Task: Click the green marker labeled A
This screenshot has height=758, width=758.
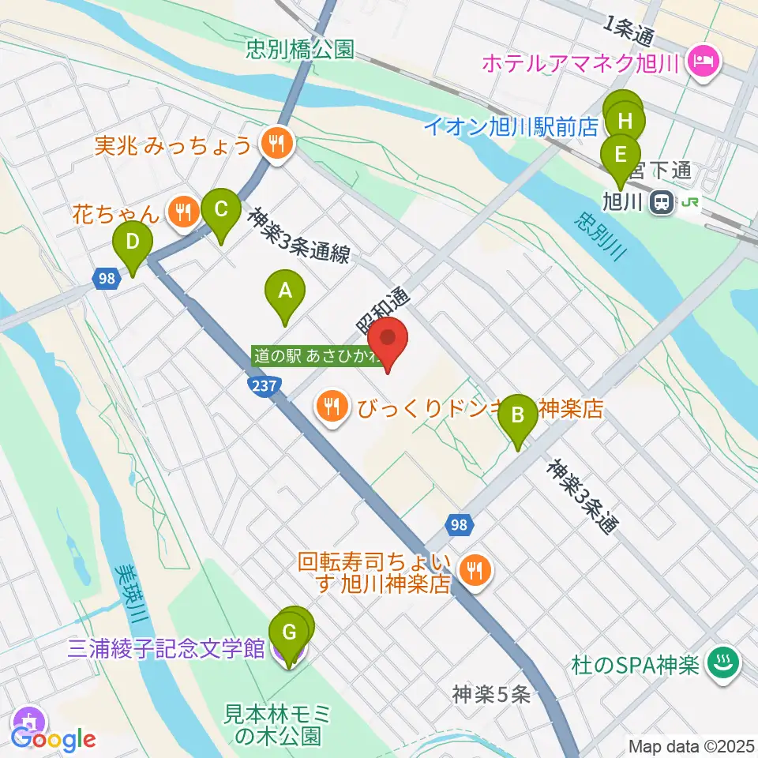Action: click(x=285, y=292)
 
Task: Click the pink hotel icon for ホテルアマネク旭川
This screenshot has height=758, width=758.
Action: click(x=700, y=59)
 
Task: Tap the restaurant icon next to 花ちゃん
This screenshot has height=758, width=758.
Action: click(x=183, y=211)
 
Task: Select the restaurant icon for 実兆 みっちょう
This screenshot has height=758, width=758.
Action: click(x=276, y=144)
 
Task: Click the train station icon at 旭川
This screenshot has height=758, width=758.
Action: click(x=662, y=204)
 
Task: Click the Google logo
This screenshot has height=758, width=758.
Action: click(x=54, y=738)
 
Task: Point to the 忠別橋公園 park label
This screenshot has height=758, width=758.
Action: click(x=298, y=51)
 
